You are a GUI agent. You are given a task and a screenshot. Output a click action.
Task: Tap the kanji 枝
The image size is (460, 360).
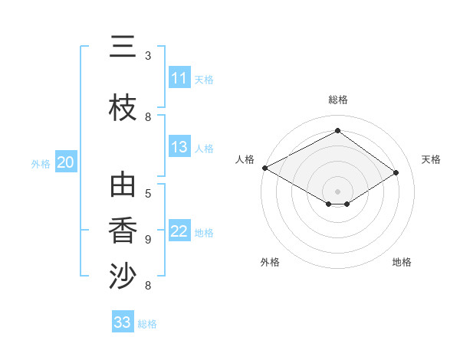(x=123, y=110)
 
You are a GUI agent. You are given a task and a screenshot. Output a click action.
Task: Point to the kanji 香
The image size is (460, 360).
(x=123, y=231)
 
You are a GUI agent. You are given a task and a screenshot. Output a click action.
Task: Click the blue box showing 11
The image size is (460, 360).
(x=179, y=78)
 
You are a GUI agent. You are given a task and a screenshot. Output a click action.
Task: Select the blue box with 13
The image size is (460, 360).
(x=179, y=147)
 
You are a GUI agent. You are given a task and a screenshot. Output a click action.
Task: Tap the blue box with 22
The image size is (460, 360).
(x=179, y=231)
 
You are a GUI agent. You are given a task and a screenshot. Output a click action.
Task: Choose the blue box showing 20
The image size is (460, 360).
(x=66, y=162)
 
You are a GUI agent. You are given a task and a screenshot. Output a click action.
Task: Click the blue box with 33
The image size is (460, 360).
(x=123, y=322)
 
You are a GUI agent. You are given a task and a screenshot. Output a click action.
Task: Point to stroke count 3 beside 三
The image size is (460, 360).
(x=148, y=56)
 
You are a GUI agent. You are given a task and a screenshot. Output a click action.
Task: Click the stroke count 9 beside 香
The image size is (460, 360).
(x=148, y=240)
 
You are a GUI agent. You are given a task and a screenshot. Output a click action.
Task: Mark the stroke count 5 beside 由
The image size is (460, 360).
(x=148, y=193)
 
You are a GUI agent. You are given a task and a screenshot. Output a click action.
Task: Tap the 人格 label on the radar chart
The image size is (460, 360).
(x=245, y=159)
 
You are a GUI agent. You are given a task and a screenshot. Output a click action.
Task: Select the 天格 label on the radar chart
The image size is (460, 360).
(x=431, y=159)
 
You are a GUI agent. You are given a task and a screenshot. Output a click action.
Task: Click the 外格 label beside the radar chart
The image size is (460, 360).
(x=270, y=262)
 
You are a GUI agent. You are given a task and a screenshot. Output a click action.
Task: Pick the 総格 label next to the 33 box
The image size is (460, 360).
(x=147, y=324)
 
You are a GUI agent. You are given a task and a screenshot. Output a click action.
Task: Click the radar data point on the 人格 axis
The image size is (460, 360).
(x=264, y=168)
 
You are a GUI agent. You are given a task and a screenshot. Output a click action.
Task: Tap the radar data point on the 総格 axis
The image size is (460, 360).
(x=337, y=131)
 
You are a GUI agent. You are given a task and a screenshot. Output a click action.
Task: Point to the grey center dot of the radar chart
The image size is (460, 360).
(x=337, y=191)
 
